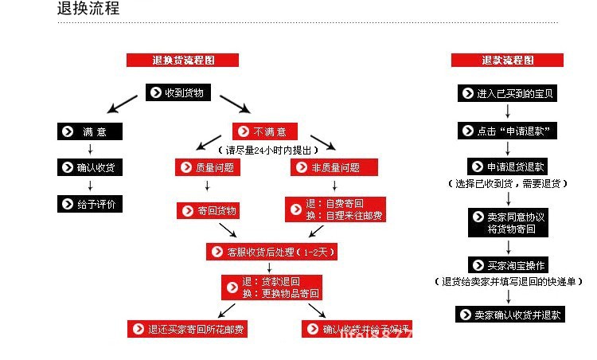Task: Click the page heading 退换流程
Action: [x=88, y=10]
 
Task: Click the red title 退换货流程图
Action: [x=183, y=60]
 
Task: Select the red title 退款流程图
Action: [x=507, y=60]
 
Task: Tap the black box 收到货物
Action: [x=178, y=92]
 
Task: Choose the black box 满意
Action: [x=90, y=131]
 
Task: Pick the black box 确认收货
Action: [x=90, y=167]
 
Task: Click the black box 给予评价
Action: [x=90, y=204]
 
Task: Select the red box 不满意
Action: [x=264, y=131]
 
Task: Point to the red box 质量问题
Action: [x=208, y=167]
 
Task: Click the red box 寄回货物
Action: [x=208, y=210]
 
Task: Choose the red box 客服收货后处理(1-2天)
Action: [x=273, y=251]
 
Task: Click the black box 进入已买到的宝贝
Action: [x=507, y=93]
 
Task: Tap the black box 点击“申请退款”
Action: [x=507, y=130]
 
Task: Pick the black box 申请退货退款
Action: [x=507, y=166]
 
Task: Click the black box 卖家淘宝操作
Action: [x=507, y=265]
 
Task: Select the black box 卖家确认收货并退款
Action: [x=510, y=315]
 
